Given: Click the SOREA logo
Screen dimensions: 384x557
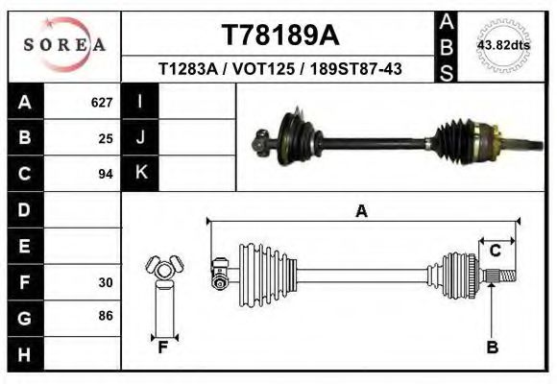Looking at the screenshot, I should (64, 44).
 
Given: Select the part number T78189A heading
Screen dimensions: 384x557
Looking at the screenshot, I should (279, 36).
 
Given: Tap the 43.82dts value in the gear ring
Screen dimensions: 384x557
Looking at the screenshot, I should (503, 45).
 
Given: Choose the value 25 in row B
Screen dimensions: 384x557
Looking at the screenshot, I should (106, 138).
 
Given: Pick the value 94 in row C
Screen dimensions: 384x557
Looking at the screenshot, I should (106, 174).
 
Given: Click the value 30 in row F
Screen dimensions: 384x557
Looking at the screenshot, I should (106, 282).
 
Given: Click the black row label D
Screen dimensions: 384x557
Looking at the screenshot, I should (24, 209).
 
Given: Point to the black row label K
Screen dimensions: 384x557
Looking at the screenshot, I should (141, 173).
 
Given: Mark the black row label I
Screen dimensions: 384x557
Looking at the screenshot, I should (141, 102).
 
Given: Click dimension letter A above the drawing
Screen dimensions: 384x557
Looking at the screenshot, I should (361, 212).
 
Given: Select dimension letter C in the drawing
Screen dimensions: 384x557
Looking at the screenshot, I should (495, 252).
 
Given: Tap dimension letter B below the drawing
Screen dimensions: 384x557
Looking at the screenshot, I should (493, 348).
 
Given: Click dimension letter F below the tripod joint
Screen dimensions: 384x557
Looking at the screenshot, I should (163, 348).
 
